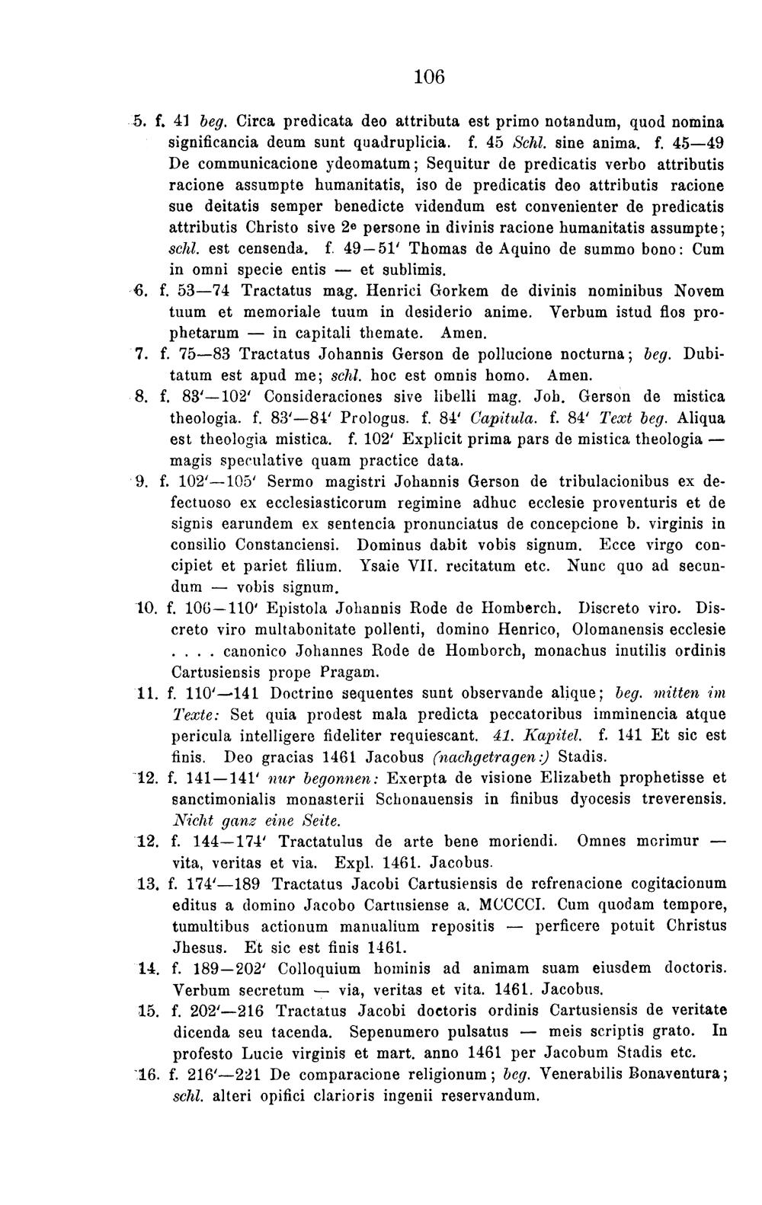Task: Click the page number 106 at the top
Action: (x=429, y=76)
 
